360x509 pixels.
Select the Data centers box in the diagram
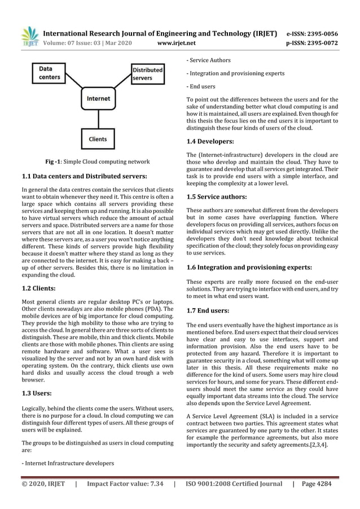click(x=51, y=74)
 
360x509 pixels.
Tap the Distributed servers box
click(x=148, y=74)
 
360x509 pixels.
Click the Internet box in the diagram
click(x=98, y=99)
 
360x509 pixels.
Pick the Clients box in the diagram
click(x=98, y=138)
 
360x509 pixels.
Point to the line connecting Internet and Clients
click(x=98, y=119)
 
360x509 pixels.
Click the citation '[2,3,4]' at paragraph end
click(x=318, y=444)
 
